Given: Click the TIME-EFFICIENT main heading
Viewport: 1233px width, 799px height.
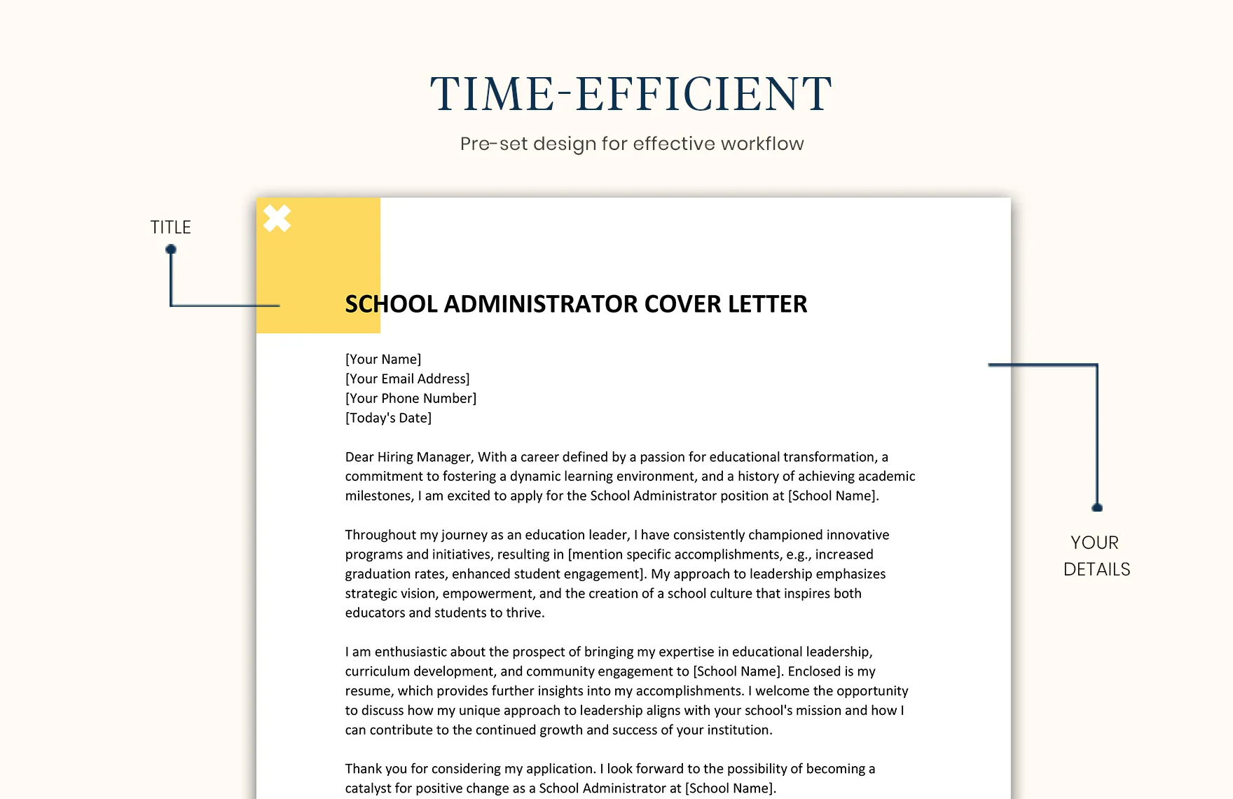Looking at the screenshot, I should (631, 94).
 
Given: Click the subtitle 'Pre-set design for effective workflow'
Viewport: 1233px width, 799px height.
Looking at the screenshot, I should (631, 144).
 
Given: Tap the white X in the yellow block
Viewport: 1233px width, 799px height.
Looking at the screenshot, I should (277, 219).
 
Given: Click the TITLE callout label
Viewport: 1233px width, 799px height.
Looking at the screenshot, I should (170, 227).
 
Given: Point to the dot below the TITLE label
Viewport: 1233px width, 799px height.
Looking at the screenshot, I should (171, 250).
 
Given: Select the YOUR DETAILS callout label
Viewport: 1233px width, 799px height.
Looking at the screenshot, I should (1096, 556).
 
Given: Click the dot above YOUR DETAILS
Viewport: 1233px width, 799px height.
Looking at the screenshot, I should (1097, 507).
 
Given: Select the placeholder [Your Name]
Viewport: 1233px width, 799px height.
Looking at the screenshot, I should (383, 359).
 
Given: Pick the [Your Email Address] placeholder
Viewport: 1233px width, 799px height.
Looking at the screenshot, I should (407, 378).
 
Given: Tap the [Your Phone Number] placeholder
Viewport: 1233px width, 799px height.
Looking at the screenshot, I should (411, 398).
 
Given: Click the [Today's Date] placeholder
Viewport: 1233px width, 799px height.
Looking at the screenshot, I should (388, 418).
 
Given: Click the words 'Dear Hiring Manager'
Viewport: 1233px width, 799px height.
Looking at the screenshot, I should (408, 457).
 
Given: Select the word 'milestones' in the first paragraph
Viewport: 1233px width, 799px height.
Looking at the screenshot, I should (378, 496).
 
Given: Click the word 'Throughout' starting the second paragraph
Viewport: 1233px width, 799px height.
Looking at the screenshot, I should (380, 535).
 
